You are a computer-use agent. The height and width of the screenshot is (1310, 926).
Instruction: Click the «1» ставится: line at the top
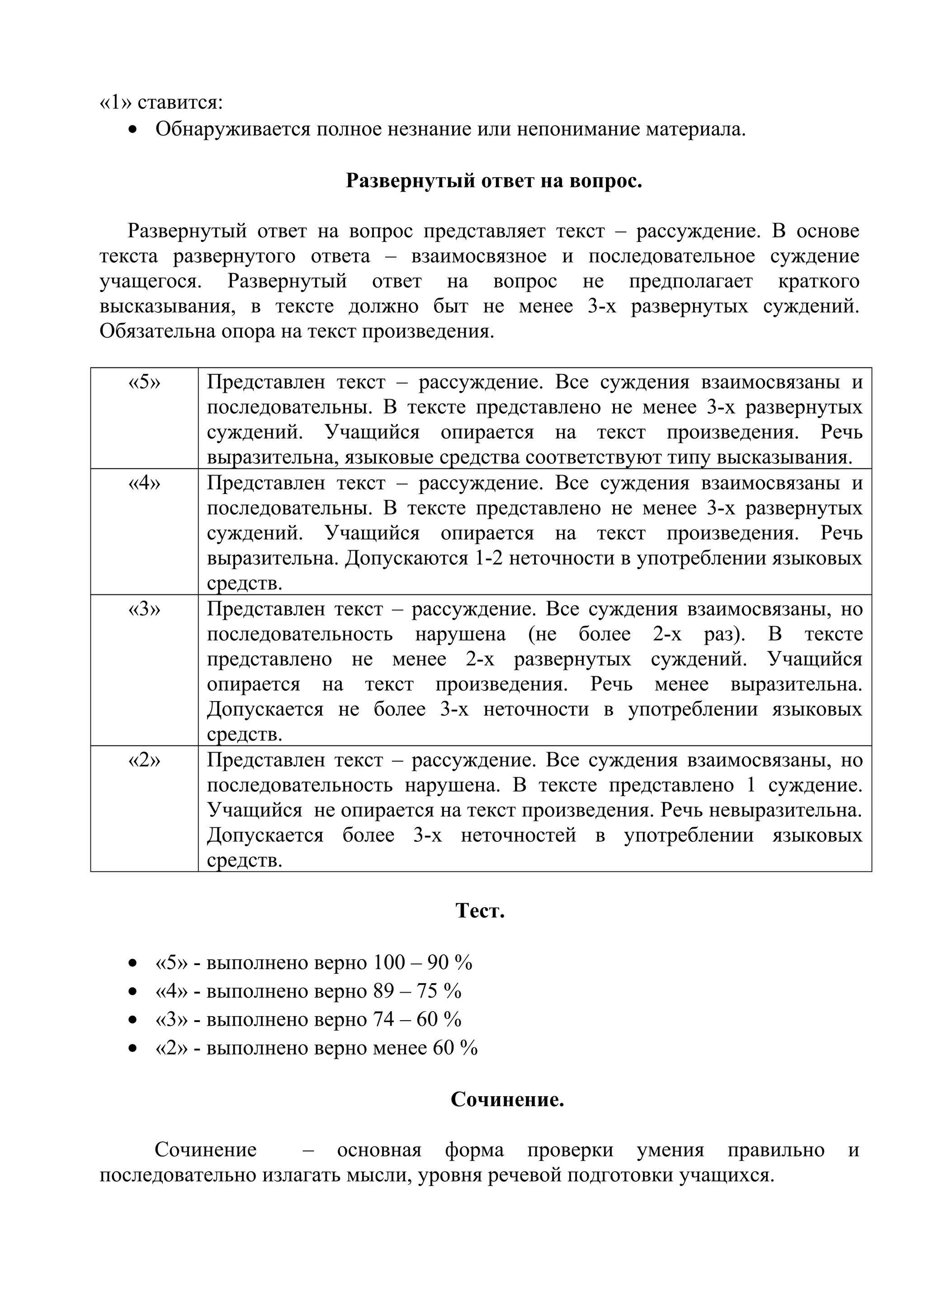pos(161,103)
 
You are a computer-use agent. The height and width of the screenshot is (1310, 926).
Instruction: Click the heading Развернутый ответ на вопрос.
pos(494,181)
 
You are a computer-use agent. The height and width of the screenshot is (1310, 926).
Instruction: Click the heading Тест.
pos(480,910)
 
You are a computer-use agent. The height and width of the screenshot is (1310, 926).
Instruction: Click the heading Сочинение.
pos(507,1099)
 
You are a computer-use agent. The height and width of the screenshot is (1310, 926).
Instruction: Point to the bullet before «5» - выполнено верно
pos(132,963)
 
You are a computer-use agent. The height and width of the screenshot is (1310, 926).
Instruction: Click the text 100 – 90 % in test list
pos(423,963)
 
